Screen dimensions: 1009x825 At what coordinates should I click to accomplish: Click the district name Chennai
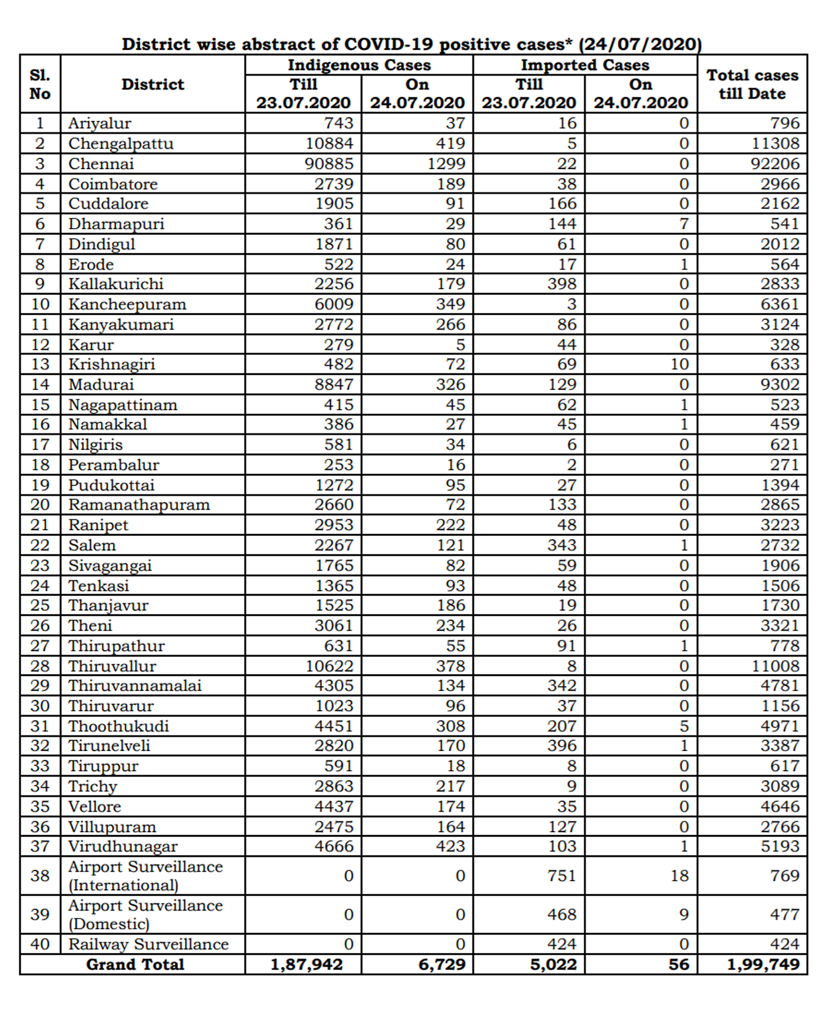[101, 164]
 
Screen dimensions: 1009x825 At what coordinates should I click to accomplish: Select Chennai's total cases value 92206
[775, 164]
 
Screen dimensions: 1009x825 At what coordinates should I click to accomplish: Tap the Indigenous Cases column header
[359, 65]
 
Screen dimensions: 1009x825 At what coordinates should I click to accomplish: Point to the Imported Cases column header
[585, 65]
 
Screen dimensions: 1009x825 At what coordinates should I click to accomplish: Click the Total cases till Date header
[752, 84]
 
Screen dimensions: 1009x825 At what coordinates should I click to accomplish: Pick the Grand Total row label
[135, 964]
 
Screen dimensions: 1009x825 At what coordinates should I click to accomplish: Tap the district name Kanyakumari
[121, 324]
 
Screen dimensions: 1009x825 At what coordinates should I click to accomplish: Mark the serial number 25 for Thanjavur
[40, 605]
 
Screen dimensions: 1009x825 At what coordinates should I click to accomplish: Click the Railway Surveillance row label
[148, 944]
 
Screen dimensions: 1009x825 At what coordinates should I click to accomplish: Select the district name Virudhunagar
[123, 846]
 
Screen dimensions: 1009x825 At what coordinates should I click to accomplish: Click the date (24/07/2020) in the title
[639, 44]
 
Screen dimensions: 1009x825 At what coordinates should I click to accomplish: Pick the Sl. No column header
[40, 84]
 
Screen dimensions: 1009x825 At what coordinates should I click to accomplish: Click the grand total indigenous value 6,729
[442, 964]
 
